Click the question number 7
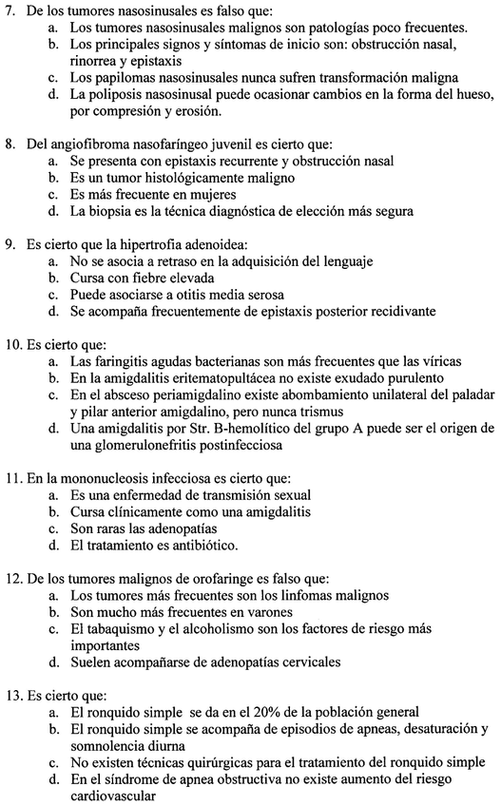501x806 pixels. click(x=11, y=10)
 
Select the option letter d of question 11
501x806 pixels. click(x=51, y=546)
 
